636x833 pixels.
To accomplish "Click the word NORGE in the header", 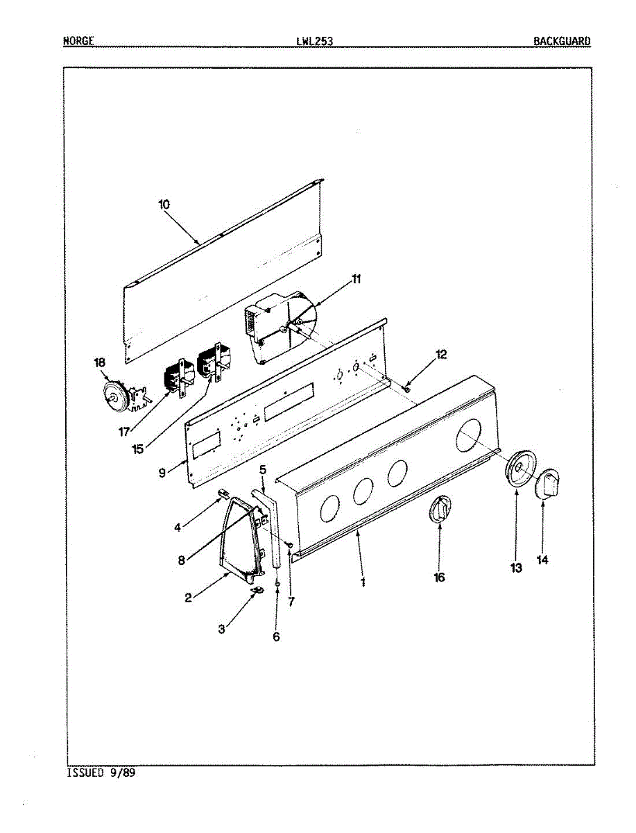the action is (x=78, y=41).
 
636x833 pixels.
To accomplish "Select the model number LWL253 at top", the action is (x=314, y=41).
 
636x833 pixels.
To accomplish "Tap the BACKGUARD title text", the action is (x=562, y=41).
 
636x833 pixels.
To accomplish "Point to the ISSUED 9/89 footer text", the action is (x=101, y=773).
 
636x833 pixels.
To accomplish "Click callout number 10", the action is (x=164, y=205).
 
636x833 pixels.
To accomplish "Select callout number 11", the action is (x=356, y=279).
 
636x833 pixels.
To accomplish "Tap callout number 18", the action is (x=101, y=362).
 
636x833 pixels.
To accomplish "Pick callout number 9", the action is (x=162, y=473).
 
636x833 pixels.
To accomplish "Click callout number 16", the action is (x=439, y=577).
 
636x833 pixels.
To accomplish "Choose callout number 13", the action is (x=516, y=568).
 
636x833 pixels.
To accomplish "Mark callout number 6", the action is (x=276, y=637).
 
